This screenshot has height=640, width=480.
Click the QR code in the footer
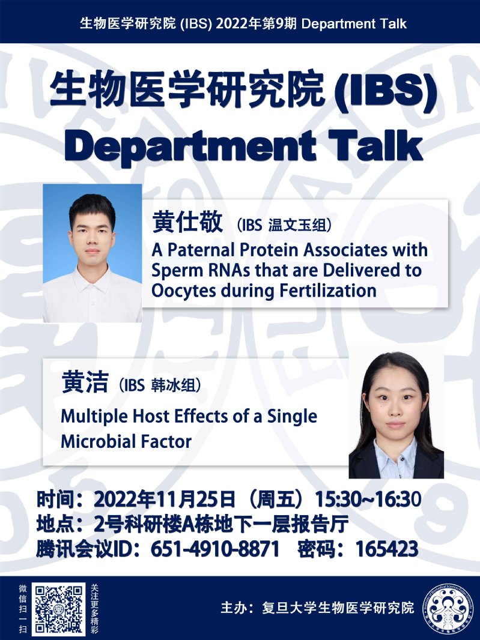coord(59,608)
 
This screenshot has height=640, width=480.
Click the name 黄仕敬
coord(187,223)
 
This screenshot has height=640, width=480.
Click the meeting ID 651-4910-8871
coord(215,549)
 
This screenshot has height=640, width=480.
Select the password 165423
coord(387,549)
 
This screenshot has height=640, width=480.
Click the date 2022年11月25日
coord(165,499)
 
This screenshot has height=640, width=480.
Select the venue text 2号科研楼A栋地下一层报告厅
coord(221,524)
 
